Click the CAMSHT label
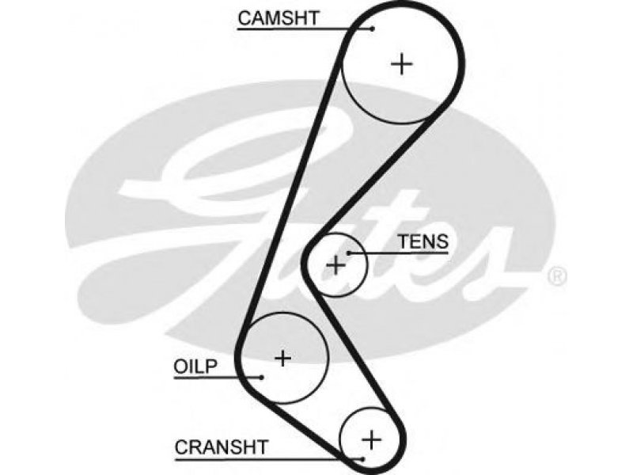coord(279,18)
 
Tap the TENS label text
coord(423,241)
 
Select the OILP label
coord(195,367)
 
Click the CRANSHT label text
coord(222,447)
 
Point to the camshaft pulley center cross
coord(402,64)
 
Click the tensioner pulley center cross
coord(335,265)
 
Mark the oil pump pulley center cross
coord(282,358)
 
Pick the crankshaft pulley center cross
coord(371,439)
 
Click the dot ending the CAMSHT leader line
coord(373,28)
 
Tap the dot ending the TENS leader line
coord(348,253)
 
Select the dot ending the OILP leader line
coord(261,378)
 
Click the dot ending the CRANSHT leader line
coord(362,459)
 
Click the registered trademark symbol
coord(557,276)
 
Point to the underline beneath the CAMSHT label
coord(305,29)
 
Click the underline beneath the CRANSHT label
coord(268,460)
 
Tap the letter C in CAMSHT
coord(244,18)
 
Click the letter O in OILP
coord(180,367)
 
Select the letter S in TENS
coord(442,241)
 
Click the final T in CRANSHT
coord(263,447)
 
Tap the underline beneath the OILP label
coord(218,378)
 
